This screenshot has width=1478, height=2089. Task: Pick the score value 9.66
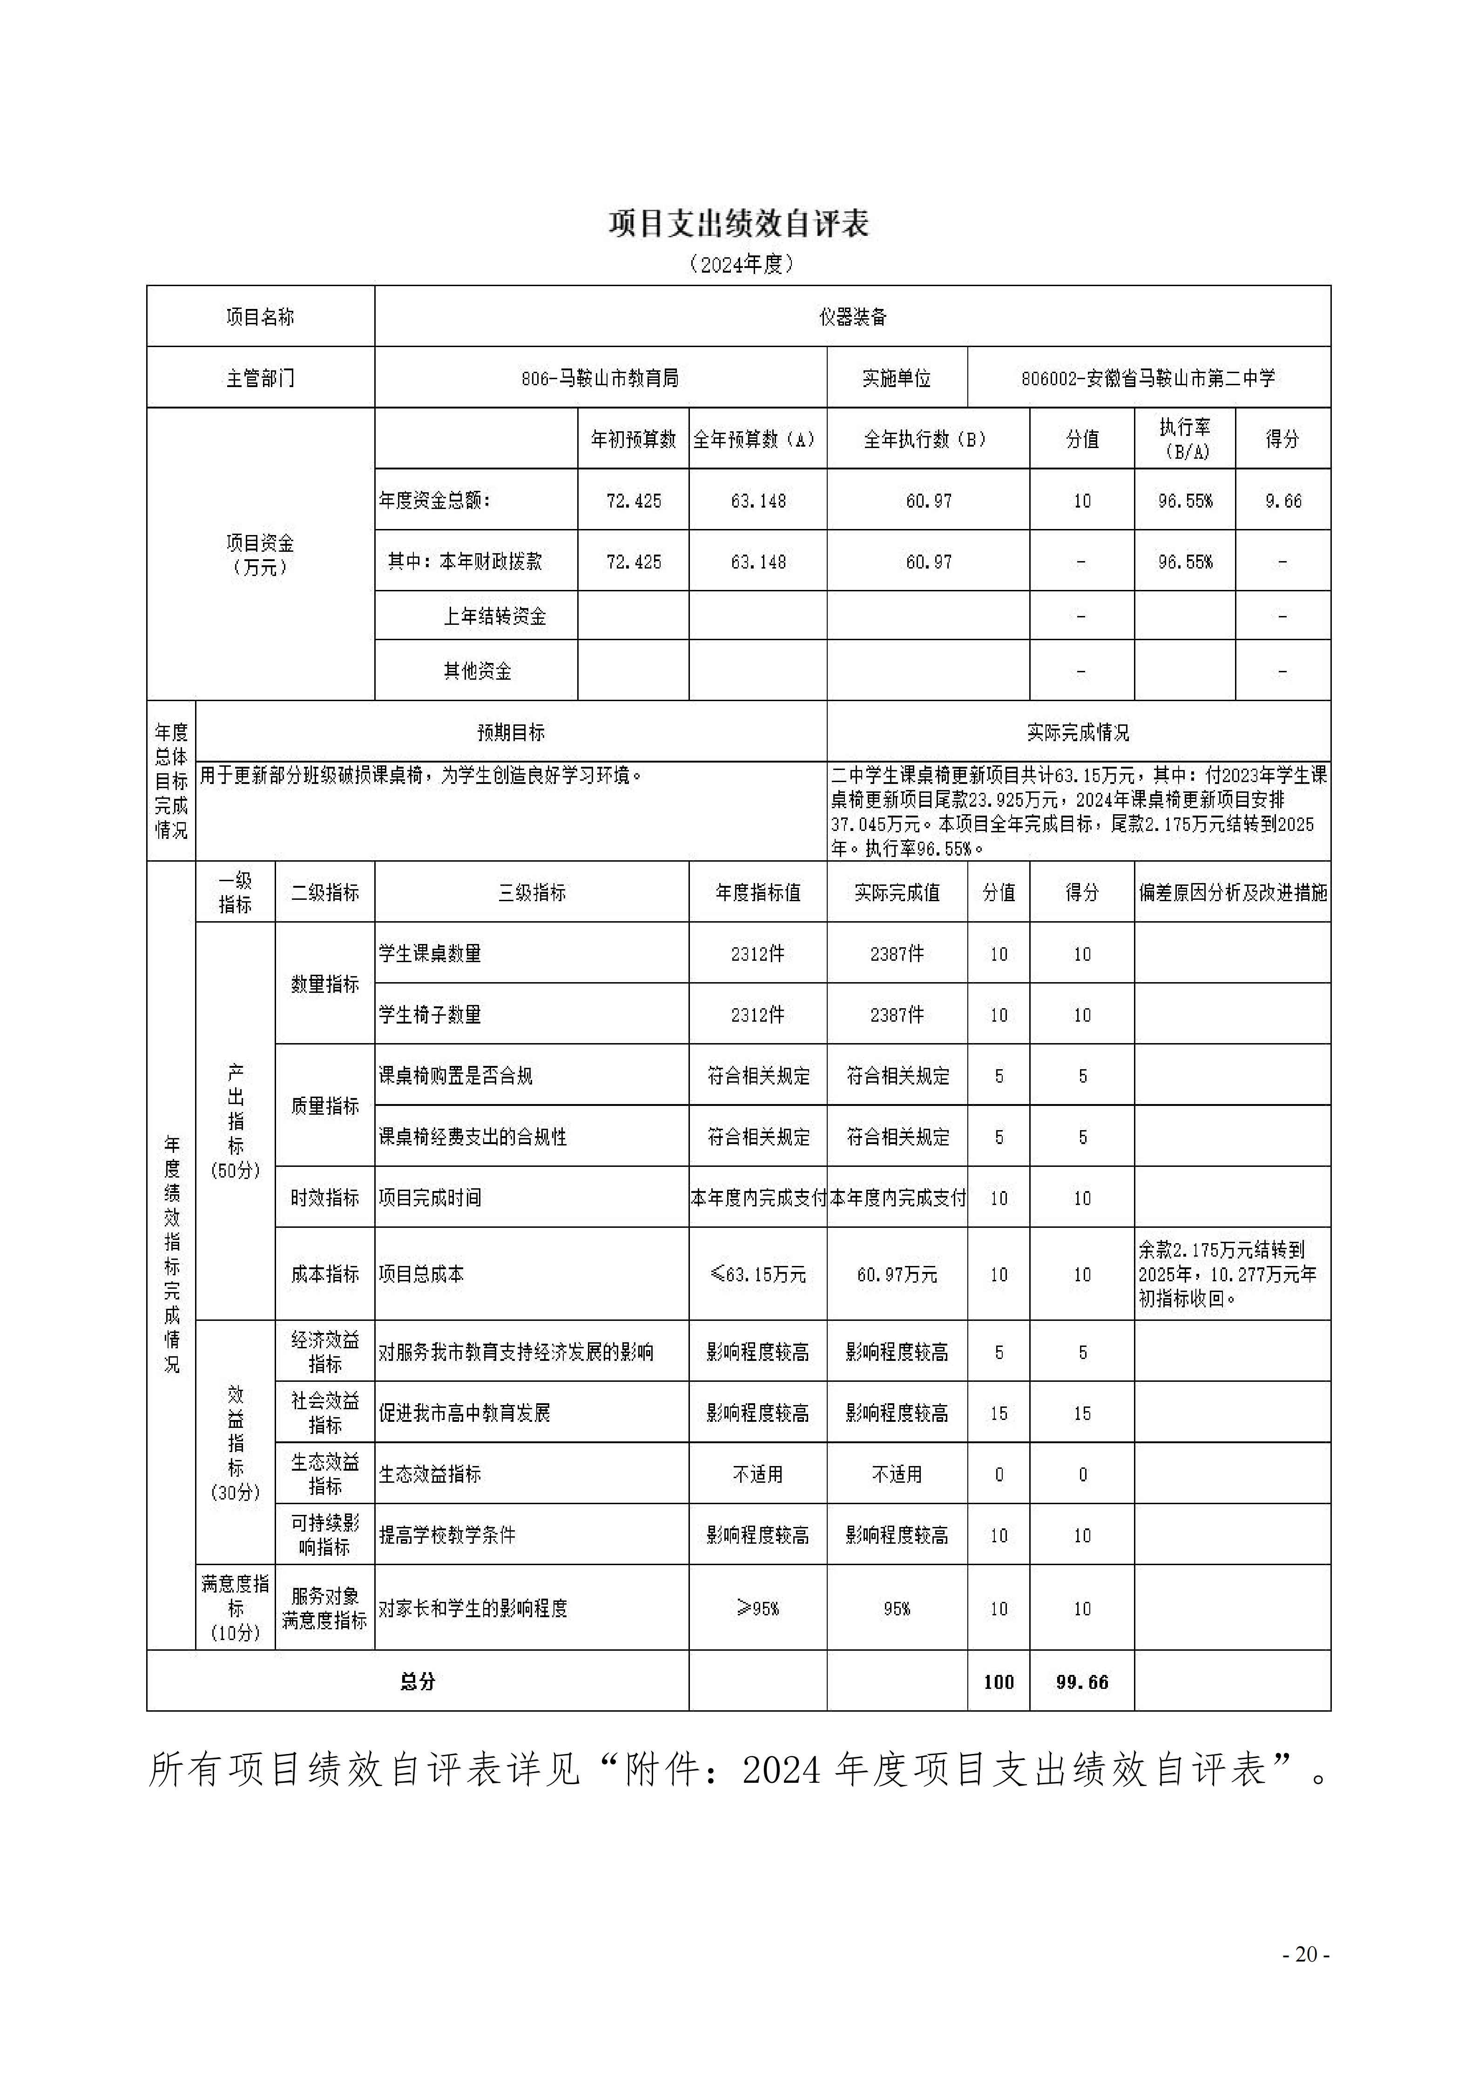1282,501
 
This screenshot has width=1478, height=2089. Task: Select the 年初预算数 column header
634,440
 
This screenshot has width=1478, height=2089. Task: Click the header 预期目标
511,732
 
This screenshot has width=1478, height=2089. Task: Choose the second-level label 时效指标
325,1198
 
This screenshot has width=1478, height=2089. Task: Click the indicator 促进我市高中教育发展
464,1413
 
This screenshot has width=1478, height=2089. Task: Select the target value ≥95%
758,1608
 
